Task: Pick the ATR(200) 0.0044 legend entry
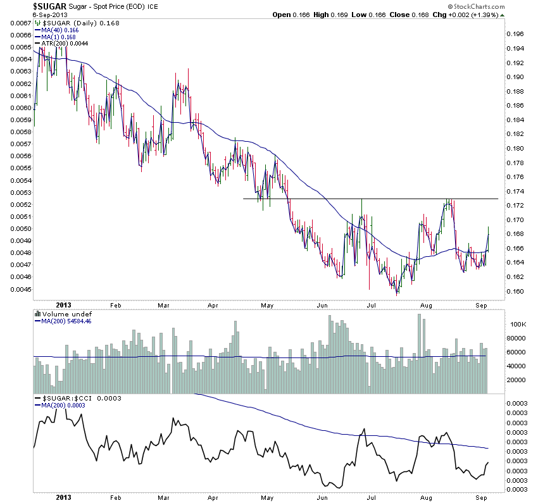click(x=61, y=43)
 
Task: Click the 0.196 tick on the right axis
click(x=517, y=34)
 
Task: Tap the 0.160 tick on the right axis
click(x=517, y=291)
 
